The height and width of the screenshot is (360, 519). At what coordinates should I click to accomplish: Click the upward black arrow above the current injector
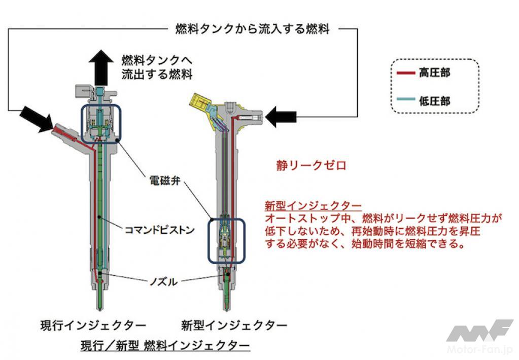point(100,68)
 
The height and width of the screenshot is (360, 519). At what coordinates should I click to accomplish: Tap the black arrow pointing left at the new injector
point(281,117)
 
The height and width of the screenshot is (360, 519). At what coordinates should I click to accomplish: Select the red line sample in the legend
point(406,73)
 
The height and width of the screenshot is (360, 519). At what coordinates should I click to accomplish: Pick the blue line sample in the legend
point(406,99)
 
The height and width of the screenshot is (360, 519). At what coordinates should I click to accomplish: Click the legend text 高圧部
point(434,73)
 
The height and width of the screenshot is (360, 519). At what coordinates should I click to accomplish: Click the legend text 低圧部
point(434,100)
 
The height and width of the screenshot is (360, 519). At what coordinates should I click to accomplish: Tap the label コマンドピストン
point(159,229)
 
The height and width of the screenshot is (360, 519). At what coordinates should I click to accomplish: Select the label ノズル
point(163,281)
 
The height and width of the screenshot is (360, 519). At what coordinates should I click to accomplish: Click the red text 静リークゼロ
point(311,165)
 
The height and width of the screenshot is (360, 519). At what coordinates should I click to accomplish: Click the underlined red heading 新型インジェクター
point(313,206)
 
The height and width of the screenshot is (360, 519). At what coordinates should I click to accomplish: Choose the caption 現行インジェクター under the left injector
point(93,325)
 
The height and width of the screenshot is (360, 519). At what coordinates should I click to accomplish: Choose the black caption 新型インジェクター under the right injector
point(234,325)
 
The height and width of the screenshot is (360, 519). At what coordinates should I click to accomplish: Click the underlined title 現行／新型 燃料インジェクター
point(165,346)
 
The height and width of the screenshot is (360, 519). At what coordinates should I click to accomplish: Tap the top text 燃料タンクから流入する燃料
point(252,29)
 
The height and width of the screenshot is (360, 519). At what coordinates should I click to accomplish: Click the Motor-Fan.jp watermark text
point(479,349)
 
